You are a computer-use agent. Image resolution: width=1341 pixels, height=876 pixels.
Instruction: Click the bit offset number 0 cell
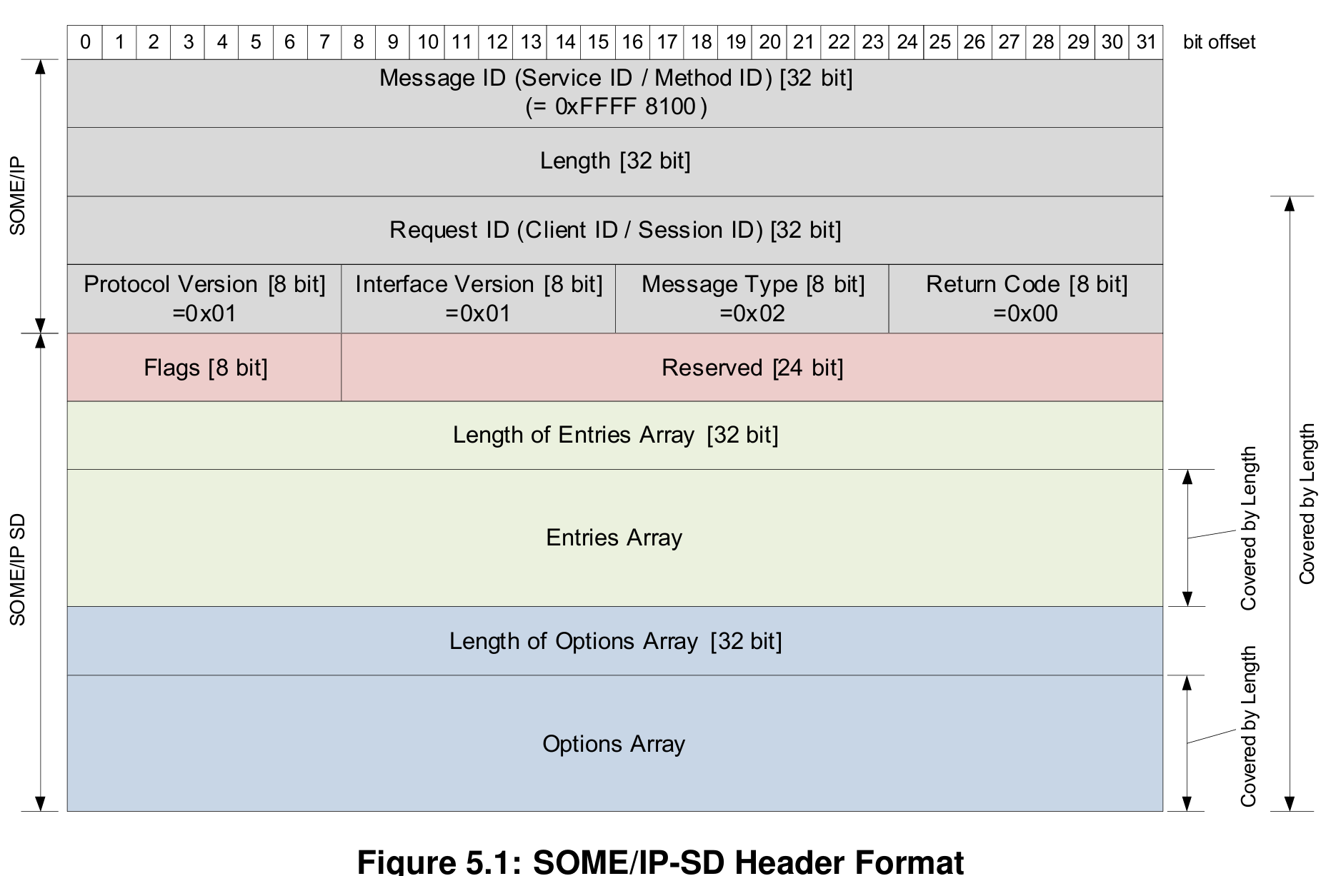(x=85, y=42)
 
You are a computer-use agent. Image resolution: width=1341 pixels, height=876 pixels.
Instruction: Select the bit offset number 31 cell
(x=1146, y=42)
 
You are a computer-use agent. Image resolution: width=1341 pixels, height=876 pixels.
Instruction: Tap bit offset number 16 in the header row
(x=632, y=42)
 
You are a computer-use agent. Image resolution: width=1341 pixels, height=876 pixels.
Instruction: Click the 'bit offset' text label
(x=1219, y=42)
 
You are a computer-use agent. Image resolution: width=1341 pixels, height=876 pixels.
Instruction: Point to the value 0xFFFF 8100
(x=616, y=107)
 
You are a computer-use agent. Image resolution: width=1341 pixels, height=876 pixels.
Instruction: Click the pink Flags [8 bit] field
(x=205, y=368)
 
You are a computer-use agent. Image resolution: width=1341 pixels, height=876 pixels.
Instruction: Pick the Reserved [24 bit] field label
(x=752, y=368)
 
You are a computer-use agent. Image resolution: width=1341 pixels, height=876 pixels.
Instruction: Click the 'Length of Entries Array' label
(x=615, y=435)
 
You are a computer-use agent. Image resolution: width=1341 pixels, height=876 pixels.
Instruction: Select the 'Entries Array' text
(x=614, y=538)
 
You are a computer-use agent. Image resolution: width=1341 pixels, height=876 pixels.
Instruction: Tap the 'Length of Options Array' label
(x=615, y=641)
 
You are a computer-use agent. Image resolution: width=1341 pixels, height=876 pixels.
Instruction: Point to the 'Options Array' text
(x=614, y=744)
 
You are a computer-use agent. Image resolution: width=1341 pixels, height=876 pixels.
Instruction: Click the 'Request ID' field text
(x=615, y=230)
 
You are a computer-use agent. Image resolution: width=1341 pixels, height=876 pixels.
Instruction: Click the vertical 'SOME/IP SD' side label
(x=18, y=570)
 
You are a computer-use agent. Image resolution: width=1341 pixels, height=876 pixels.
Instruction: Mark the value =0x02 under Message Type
(x=752, y=313)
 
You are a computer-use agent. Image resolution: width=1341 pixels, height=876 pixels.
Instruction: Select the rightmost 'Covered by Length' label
(x=1307, y=504)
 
